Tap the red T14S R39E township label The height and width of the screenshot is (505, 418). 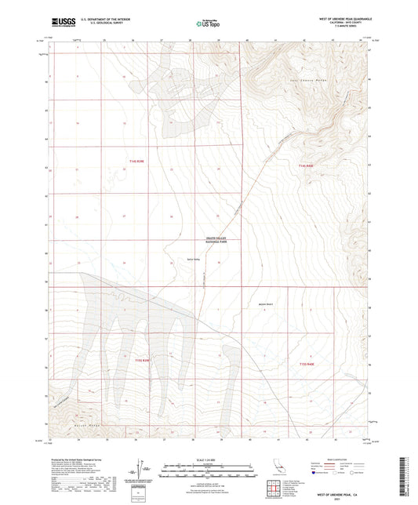pos(137,161)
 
